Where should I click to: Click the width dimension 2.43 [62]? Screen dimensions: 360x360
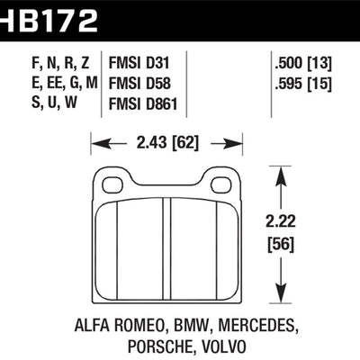point(168,142)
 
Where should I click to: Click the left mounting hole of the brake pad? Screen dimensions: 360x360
point(112,184)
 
